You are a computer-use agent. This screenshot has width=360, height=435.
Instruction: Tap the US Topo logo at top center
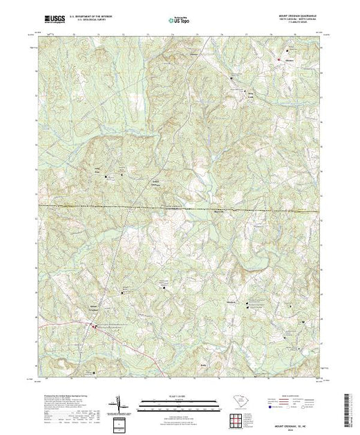coord(180,21)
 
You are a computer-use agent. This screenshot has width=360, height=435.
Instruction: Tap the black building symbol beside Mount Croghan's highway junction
coord(95,325)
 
